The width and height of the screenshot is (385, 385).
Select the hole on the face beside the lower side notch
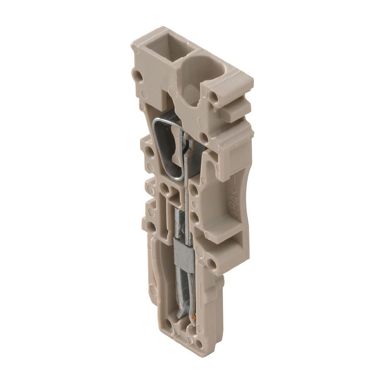point(210,263)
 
